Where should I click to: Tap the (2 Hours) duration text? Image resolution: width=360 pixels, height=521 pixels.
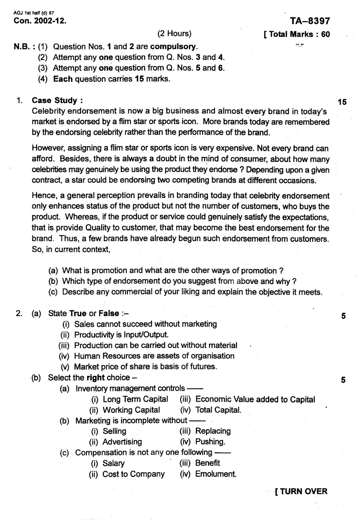pos(174,34)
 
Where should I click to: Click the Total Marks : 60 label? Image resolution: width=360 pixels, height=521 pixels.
pos(297,35)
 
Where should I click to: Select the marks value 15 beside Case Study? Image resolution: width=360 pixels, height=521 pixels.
pos(342,102)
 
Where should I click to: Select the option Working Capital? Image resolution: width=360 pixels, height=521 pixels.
pos(131,410)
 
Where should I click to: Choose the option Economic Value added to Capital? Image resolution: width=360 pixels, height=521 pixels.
pos(255,400)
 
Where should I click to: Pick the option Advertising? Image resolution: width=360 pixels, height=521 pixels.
pos(122,442)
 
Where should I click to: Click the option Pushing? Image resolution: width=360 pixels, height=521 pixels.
pos(210,442)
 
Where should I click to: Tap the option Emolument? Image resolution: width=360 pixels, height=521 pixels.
pos(215,474)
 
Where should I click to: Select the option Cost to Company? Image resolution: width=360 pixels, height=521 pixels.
pos(133,474)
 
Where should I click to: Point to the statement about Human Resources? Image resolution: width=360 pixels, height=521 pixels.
pos(154,356)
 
